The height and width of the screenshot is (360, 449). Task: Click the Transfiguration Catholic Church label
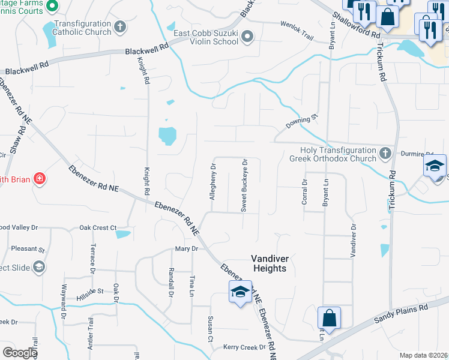pos(83,28)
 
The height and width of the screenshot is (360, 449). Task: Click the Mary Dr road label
pos(186,248)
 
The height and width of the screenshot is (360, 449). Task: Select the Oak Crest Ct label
pos(98,228)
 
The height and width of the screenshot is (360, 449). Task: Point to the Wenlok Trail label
pos(297,30)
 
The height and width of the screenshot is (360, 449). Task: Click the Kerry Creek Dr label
pos(244,347)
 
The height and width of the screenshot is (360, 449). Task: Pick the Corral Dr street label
pos(305,193)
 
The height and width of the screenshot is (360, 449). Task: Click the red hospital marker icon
pos(40,178)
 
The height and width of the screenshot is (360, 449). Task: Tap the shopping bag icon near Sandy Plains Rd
pos(329,316)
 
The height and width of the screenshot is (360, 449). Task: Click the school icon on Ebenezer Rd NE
pos(240,292)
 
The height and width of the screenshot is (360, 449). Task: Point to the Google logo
pos(20,353)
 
